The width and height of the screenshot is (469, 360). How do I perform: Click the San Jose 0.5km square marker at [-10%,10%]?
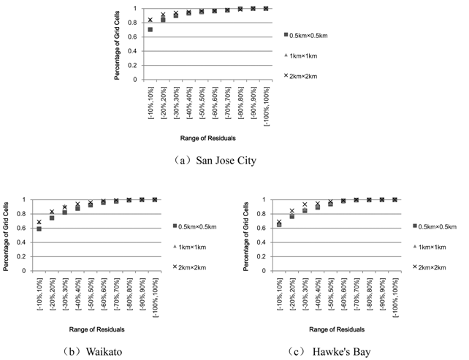click(x=150, y=30)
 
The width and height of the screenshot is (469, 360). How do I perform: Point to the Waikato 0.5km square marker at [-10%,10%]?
click(x=39, y=229)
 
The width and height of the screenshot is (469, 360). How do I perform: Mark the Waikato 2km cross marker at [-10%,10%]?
click(x=39, y=222)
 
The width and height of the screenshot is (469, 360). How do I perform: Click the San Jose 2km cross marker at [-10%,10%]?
click(x=150, y=20)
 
